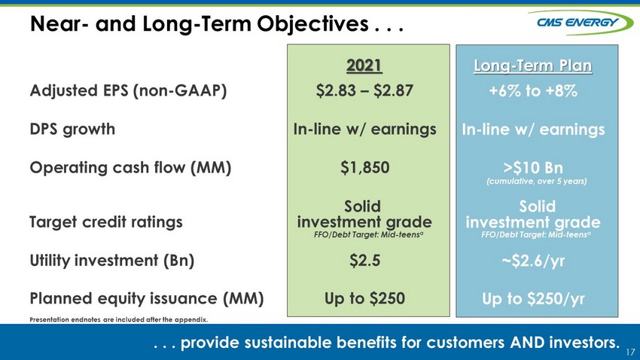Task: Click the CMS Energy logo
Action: tap(581, 22)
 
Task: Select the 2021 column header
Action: tap(364, 66)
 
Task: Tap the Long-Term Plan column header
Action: tap(532, 66)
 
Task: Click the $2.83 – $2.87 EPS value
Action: tap(364, 90)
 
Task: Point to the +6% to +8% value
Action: tap(533, 90)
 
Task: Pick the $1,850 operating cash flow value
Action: tap(365, 167)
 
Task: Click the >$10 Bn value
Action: tap(534, 167)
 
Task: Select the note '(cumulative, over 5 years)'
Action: tap(537, 182)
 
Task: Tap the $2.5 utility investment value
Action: tap(365, 261)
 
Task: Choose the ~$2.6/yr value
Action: tap(534, 261)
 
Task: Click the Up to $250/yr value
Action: tap(534, 299)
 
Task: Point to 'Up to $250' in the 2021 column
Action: tap(365, 298)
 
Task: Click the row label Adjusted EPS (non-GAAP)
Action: tap(128, 90)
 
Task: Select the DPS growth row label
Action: tap(72, 130)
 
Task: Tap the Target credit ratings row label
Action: tap(106, 222)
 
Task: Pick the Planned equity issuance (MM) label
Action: tap(147, 298)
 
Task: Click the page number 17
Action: tap(630, 352)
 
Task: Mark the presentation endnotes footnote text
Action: tap(119, 319)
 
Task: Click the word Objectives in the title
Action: tap(312, 23)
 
